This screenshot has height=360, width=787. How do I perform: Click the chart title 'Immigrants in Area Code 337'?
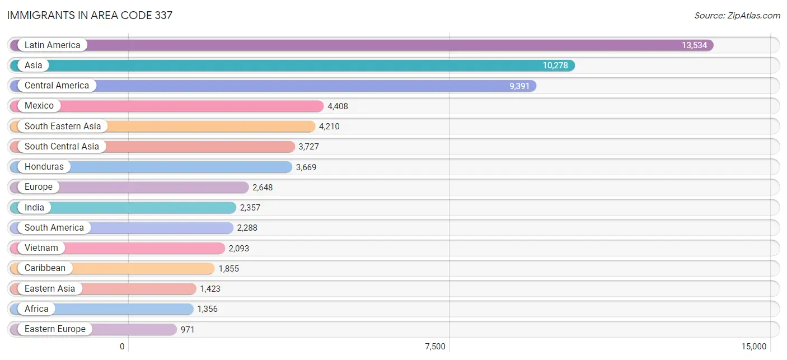[x=90, y=15]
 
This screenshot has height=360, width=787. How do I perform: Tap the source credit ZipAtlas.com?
[x=737, y=16]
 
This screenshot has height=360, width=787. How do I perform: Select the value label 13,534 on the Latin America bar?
[x=694, y=45]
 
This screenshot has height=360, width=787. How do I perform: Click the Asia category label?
[x=34, y=65]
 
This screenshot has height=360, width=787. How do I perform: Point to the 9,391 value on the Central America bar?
[x=519, y=86]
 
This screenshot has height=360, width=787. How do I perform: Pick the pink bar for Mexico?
[x=167, y=106]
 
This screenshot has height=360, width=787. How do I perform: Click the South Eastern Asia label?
[x=63, y=126]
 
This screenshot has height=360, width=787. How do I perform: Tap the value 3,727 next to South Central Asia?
[x=308, y=147]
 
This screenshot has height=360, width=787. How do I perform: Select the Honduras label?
[x=44, y=167]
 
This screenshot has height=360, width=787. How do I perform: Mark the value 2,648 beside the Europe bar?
[x=263, y=188]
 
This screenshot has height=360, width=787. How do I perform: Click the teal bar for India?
[x=123, y=207]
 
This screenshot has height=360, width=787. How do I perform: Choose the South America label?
[x=54, y=227]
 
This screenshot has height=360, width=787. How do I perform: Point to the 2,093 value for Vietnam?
[x=238, y=248]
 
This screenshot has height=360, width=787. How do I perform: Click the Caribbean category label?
[x=45, y=268]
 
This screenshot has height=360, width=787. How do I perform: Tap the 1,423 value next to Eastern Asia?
[x=210, y=289]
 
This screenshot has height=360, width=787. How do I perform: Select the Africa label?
[x=36, y=308]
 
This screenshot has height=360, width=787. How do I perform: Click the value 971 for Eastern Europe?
[x=188, y=329]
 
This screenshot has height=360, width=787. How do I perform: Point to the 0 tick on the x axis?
[x=122, y=347]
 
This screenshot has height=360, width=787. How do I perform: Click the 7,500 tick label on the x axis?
[x=435, y=347]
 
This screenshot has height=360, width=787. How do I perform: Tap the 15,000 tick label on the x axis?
[x=753, y=347]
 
